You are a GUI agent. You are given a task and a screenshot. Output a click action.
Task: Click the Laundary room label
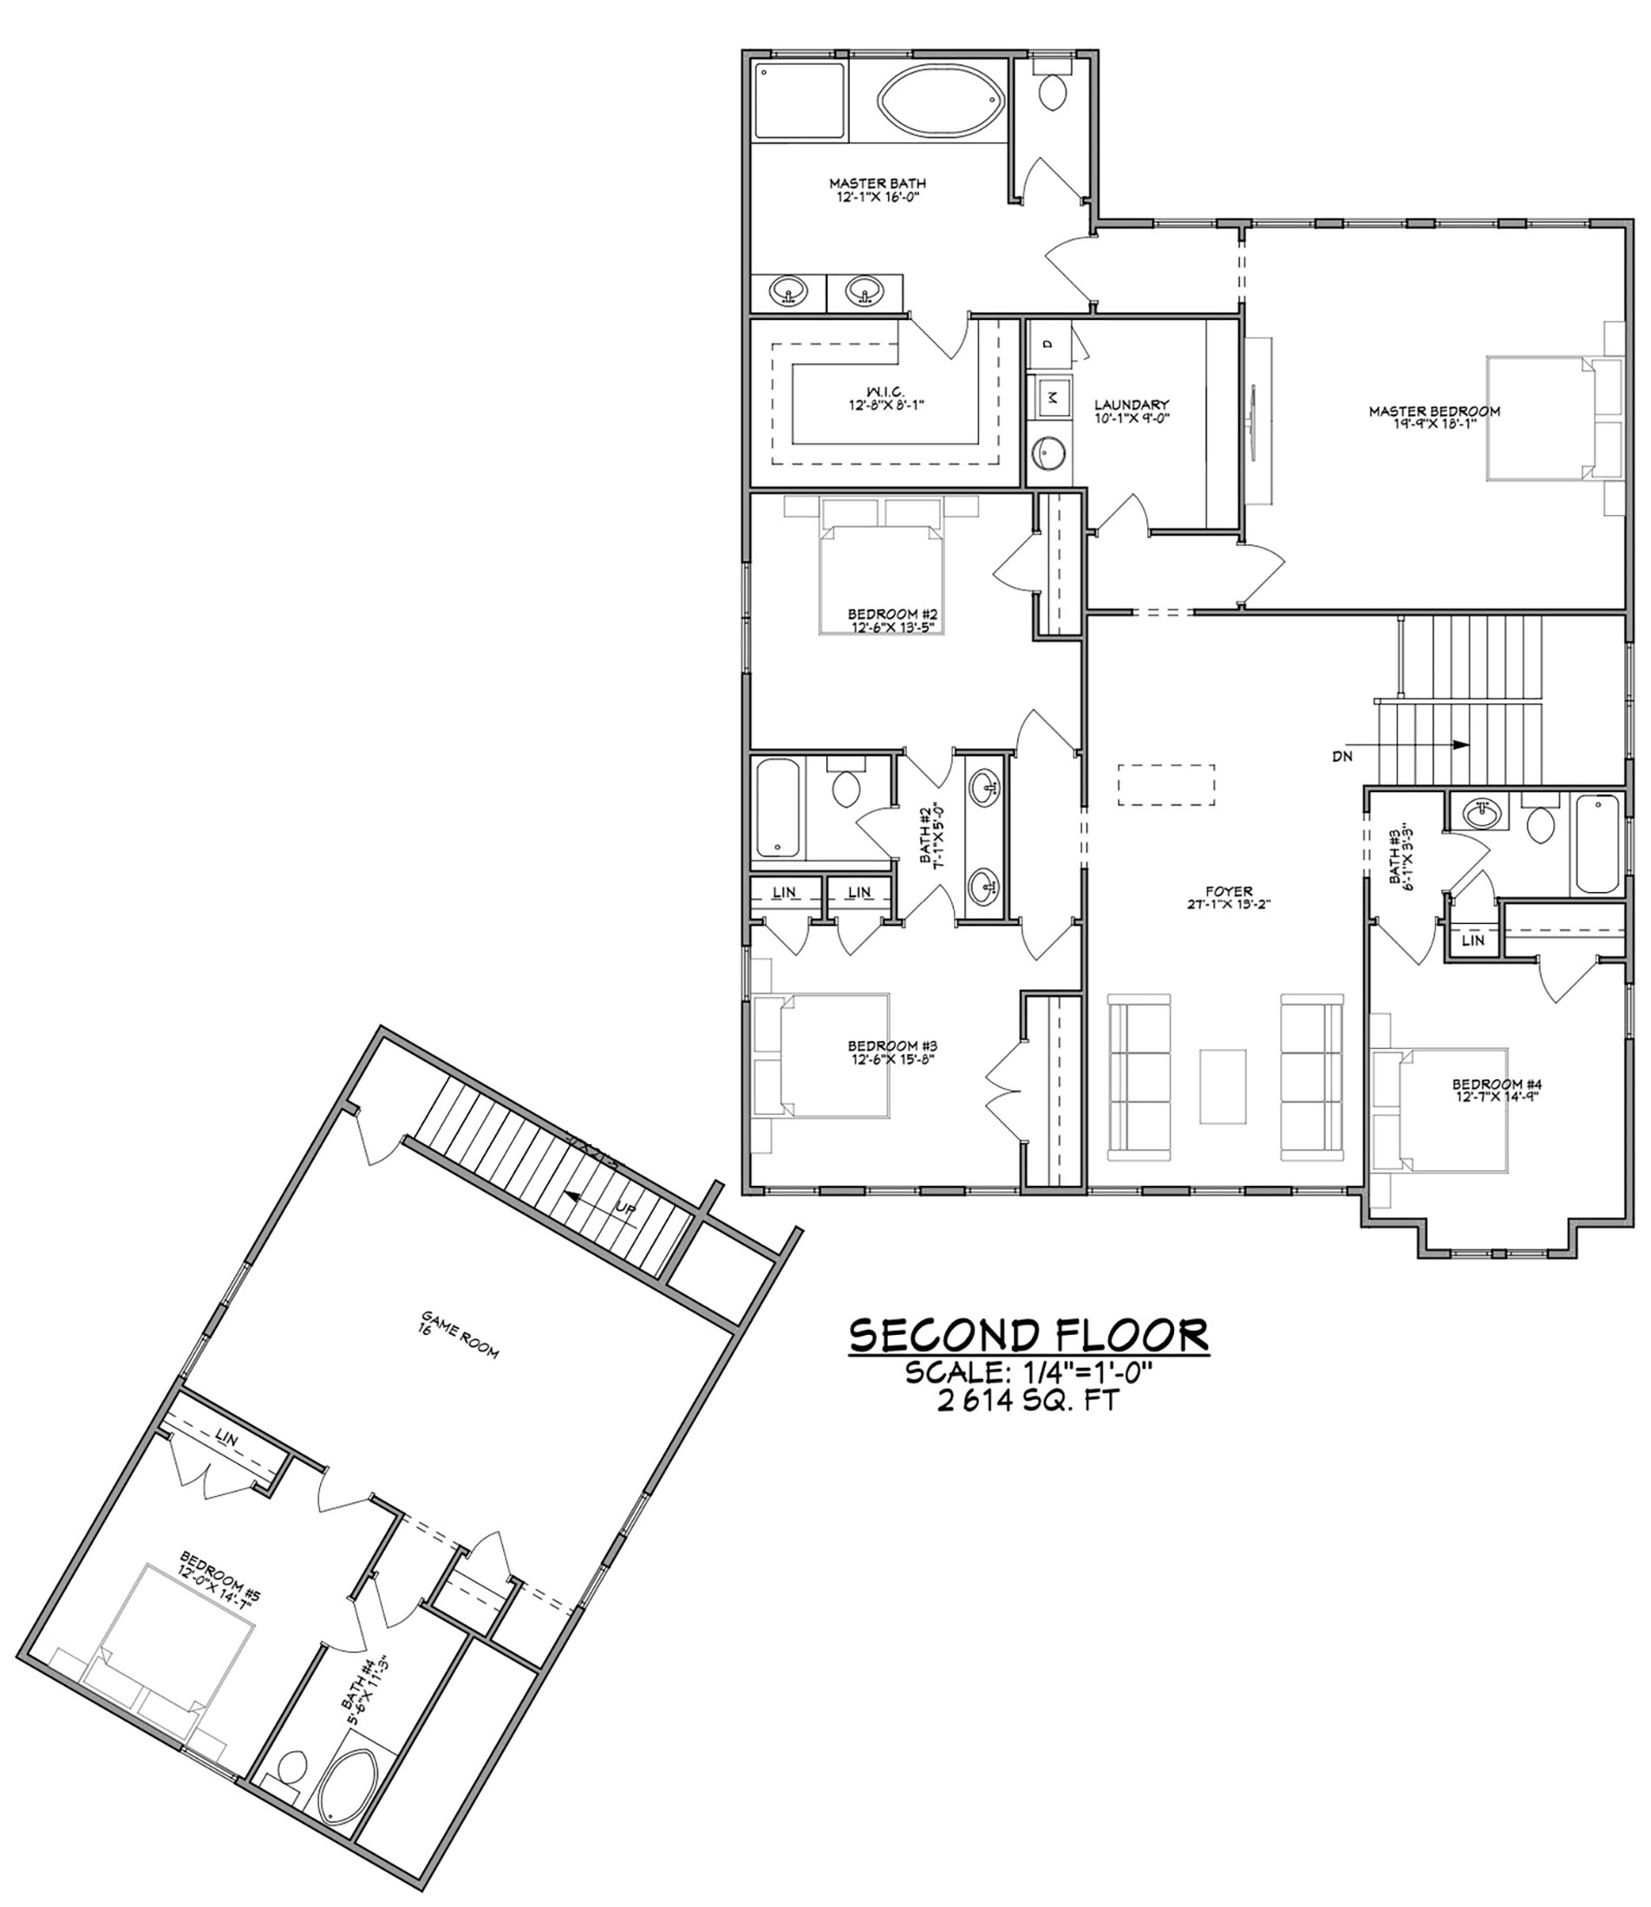[1132, 410]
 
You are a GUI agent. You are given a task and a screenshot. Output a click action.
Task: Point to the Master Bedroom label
[1433, 416]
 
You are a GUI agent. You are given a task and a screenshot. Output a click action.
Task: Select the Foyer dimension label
[1229, 903]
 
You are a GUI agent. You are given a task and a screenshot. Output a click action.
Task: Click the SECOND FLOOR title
[1028, 1336]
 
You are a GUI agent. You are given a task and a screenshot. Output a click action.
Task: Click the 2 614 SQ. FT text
[1029, 1402]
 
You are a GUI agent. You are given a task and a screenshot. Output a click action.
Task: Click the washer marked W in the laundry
[1051, 398]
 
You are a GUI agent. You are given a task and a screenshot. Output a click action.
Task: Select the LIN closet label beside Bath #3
[1472, 940]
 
